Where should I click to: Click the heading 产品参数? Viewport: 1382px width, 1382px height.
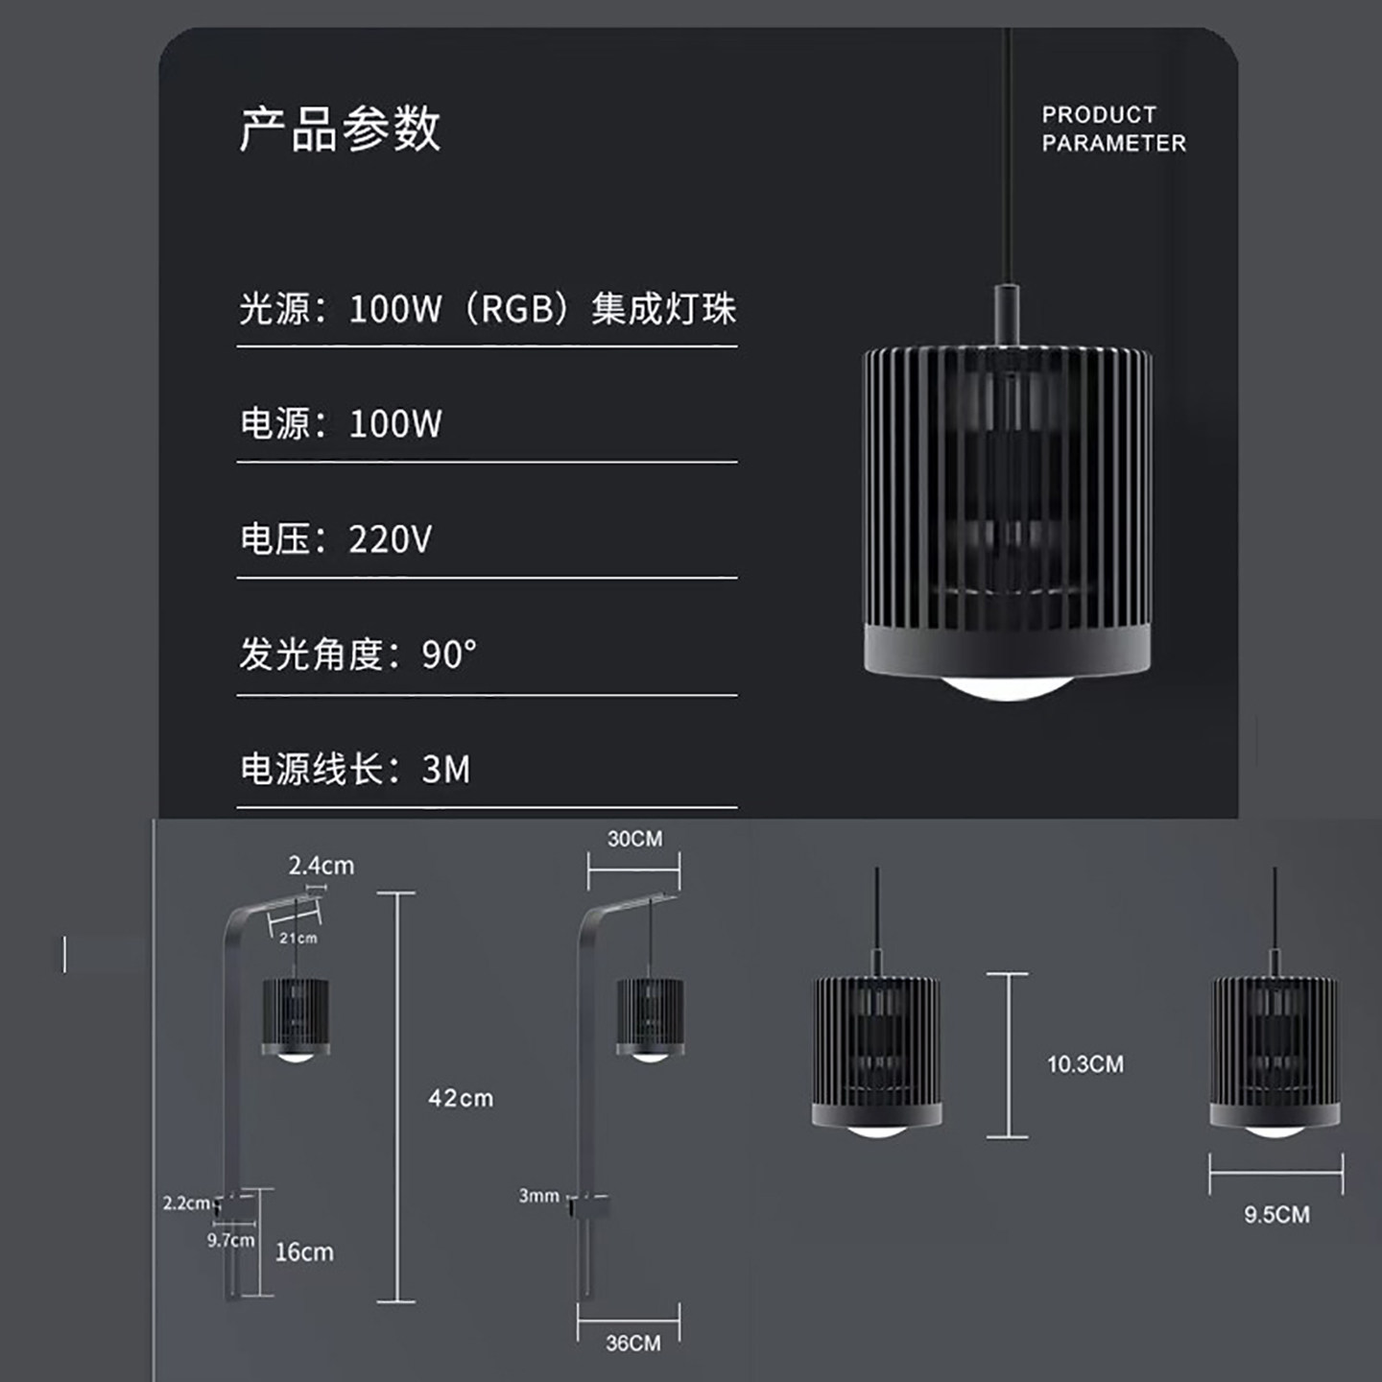pos(340,129)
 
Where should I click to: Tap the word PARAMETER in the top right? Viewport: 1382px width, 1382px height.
pos(1113,143)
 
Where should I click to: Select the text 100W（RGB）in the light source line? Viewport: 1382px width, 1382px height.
pos(460,309)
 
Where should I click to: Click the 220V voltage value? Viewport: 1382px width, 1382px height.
pos(390,539)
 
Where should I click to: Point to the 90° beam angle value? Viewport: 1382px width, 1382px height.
pos(448,655)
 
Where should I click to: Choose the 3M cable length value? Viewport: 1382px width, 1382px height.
pos(446,770)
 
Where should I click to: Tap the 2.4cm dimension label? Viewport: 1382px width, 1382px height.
pos(322,866)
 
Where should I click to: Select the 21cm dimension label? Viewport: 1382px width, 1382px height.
pos(298,938)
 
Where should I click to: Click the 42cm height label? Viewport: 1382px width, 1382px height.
pos(461,1098)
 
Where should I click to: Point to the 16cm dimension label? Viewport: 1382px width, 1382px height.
pos(304,1251)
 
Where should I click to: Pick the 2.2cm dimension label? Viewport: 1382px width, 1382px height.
pos(185,1203)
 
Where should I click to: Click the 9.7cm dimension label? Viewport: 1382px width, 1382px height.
pos(230,1240)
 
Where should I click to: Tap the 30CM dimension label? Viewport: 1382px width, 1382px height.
pos(634,839)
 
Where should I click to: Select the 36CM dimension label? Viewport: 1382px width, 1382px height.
pos(632,1343)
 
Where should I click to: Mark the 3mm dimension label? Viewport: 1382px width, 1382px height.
pos(538,1196)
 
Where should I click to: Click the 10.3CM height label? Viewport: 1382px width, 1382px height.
pos(1084,1064)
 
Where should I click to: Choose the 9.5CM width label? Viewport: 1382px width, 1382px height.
pos(1276,1214)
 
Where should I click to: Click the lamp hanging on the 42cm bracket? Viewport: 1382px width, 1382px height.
pos(296,1017)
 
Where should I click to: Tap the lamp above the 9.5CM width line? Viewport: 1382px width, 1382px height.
pos(1275,1051)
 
